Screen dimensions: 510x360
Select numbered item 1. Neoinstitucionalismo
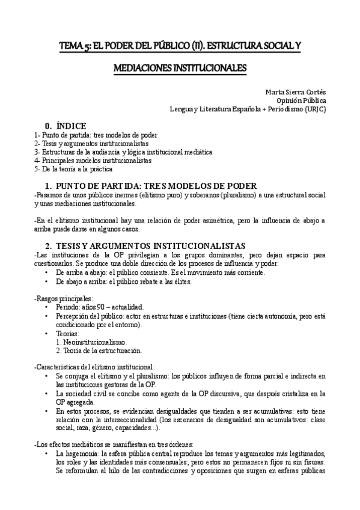pos(91,342)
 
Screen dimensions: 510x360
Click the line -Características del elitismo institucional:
pos(94,367)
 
